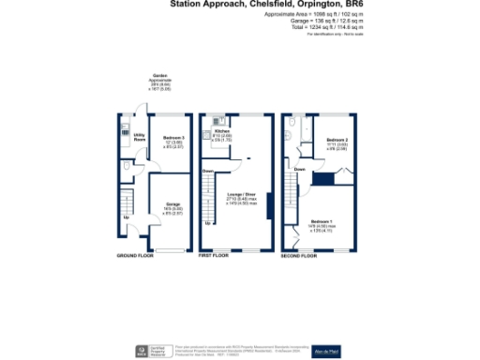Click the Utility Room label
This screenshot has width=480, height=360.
coord(125,137)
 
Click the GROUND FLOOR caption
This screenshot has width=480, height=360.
coord(133,255)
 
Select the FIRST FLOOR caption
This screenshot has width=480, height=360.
coord(215,255)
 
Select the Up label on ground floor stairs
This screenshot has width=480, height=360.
coord(126,219)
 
